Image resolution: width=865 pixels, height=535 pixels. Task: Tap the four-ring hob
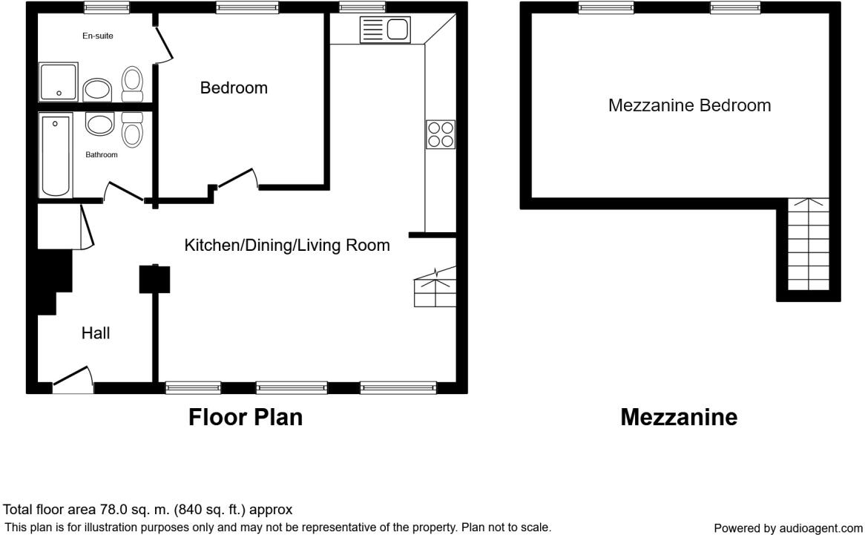pyautogui.click(x=440, y=134)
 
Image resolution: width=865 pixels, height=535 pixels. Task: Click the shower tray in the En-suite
pyautogui.click(x=58, y=82)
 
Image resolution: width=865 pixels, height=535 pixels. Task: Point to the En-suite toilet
pyautogui.click(x=132, y=83)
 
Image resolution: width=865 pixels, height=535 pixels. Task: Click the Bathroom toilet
pyautogui.click(x=132, y=129)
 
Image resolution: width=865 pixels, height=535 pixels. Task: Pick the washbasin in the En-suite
pyautogui.click(x=96, y=91)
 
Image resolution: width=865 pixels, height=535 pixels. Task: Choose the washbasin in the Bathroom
pyautogui.click(x=99, y=124)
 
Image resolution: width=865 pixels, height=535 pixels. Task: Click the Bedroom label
pyautogui.click(x=234, y=88)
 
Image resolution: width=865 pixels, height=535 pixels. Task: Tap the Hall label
pyautogui.click(x=96, y=334)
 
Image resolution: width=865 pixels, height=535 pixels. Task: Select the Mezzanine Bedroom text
pyautogui.click(x=689, y=105)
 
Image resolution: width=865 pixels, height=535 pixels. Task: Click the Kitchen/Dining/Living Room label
pyautogui.click(x=287, y=246)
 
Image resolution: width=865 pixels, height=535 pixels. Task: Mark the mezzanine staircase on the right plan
pyautogui.click(x=807, y=245)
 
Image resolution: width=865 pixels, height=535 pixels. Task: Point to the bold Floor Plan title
pyautogui.click(x=245, y=417)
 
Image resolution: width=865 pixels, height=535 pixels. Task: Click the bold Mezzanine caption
pyautogui.click(x=679, y=418)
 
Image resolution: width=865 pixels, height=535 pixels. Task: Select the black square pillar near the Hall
pyautogui.click(x=155, y=279)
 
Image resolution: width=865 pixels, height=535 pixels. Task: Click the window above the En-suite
pyautogui.click(x=106, y=7)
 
